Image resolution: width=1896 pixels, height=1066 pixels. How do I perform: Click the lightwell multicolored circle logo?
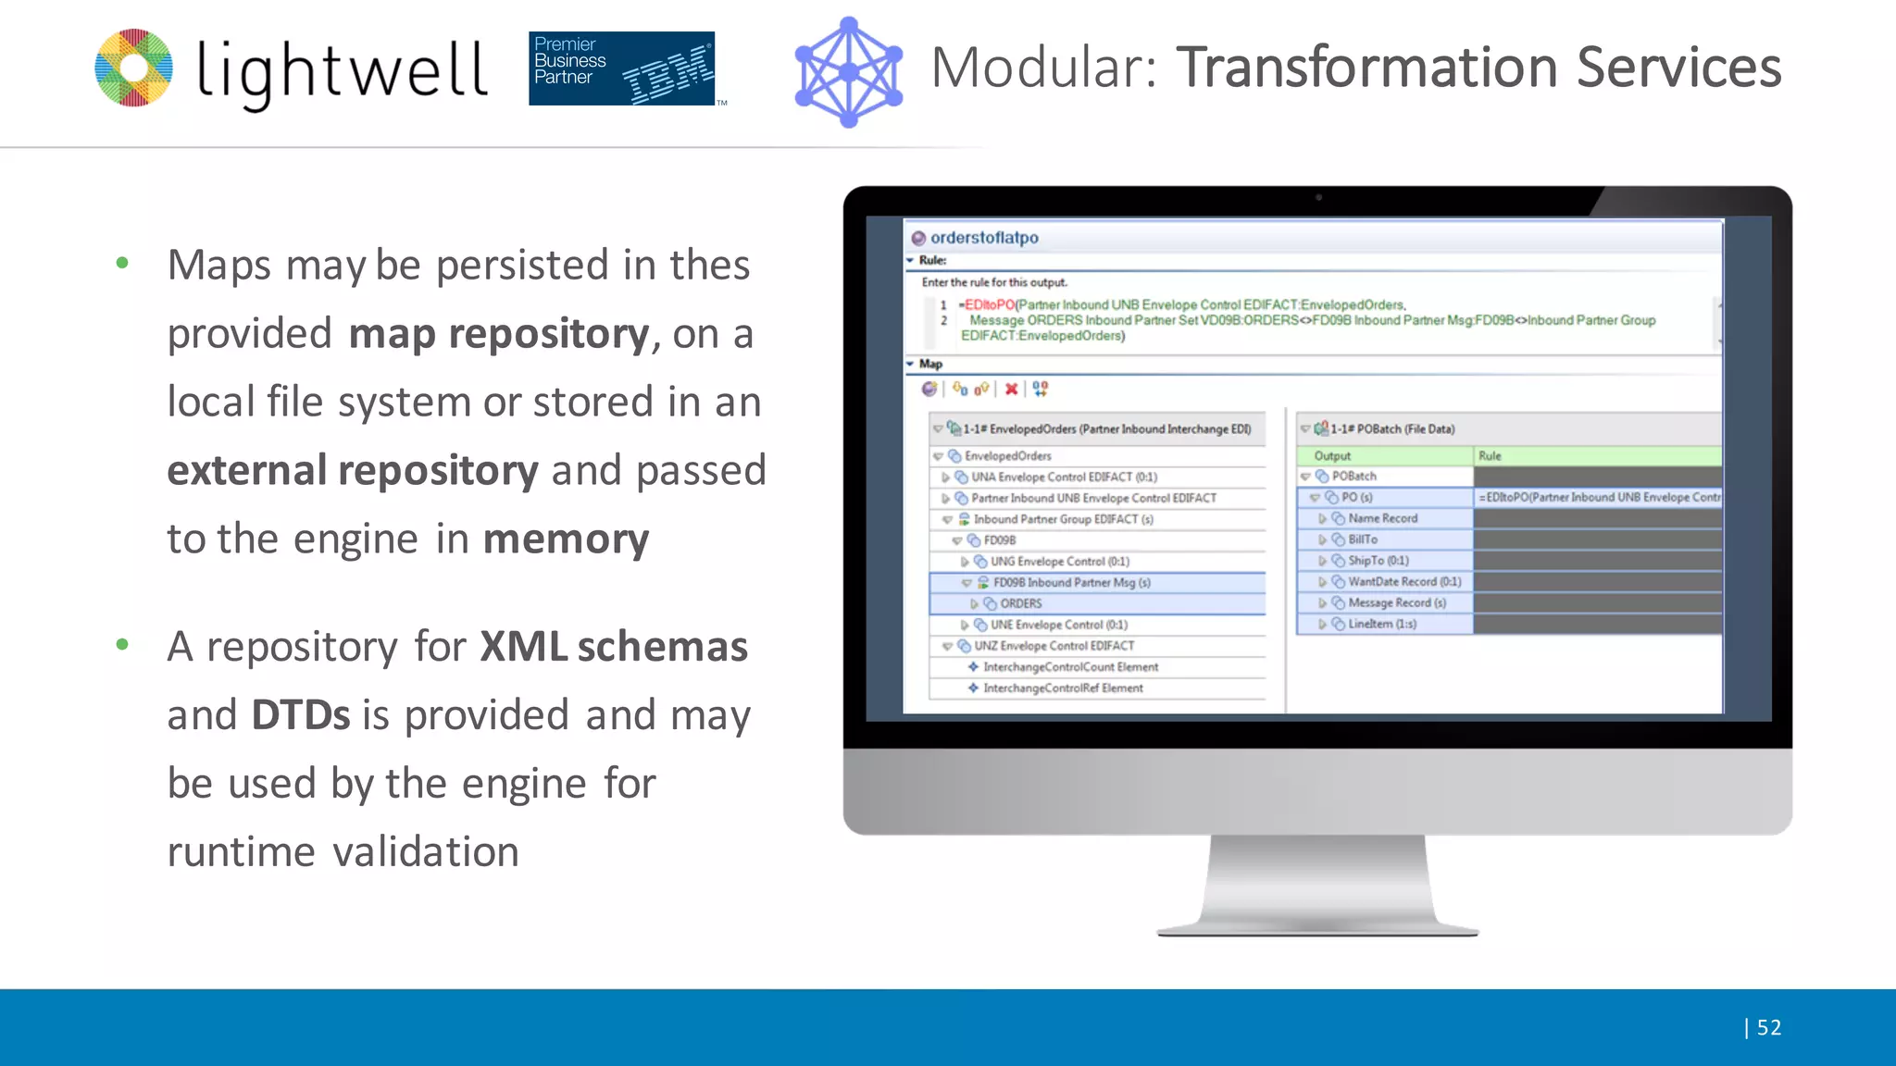coord(133,68)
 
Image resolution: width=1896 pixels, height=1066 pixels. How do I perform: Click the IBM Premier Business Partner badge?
coord(621,68)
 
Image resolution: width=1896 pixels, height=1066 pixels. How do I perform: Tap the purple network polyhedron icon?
coord(848,72)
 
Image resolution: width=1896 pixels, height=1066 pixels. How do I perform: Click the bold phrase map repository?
coord(499,333)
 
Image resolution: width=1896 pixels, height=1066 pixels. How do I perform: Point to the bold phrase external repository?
coord(352,470)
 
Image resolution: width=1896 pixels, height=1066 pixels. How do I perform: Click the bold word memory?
coord(566,539)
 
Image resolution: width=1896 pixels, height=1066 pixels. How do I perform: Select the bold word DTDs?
coord(300,715)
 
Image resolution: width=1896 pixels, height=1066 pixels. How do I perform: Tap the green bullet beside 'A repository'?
coord(122,644)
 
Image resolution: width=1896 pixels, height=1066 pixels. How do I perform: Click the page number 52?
coord(1768,1027)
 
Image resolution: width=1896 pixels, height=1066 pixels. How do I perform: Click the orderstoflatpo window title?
coord(983,238)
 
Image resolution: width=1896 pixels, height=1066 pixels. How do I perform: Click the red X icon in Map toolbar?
coord(1011,389)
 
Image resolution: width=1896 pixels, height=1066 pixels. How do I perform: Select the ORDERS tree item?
coord(1020,603)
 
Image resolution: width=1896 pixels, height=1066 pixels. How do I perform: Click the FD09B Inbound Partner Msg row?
coord(1071,583)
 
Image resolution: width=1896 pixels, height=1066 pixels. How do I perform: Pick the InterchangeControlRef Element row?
coord(1062,688)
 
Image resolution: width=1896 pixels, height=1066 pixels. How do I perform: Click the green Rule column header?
coord(1596,456)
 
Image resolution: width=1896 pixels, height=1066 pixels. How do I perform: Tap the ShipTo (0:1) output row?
coord(1378,561)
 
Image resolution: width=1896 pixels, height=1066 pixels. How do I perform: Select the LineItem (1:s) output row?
coord(1381,625)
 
